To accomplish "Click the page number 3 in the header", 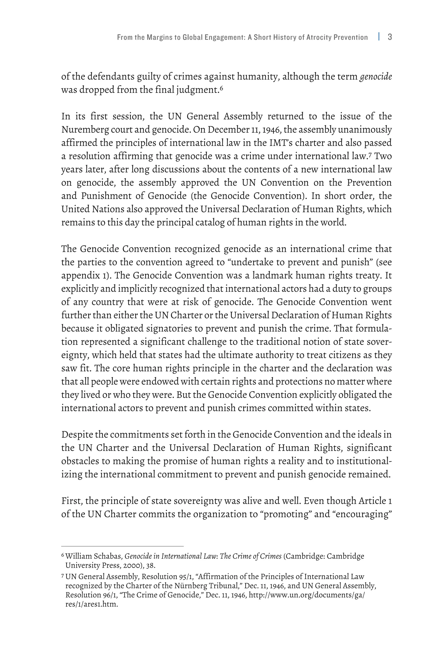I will click(x=390, y=37).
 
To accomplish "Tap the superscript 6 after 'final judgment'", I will click(x=221, y=88).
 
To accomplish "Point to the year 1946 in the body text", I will click(x=271, y=130).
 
